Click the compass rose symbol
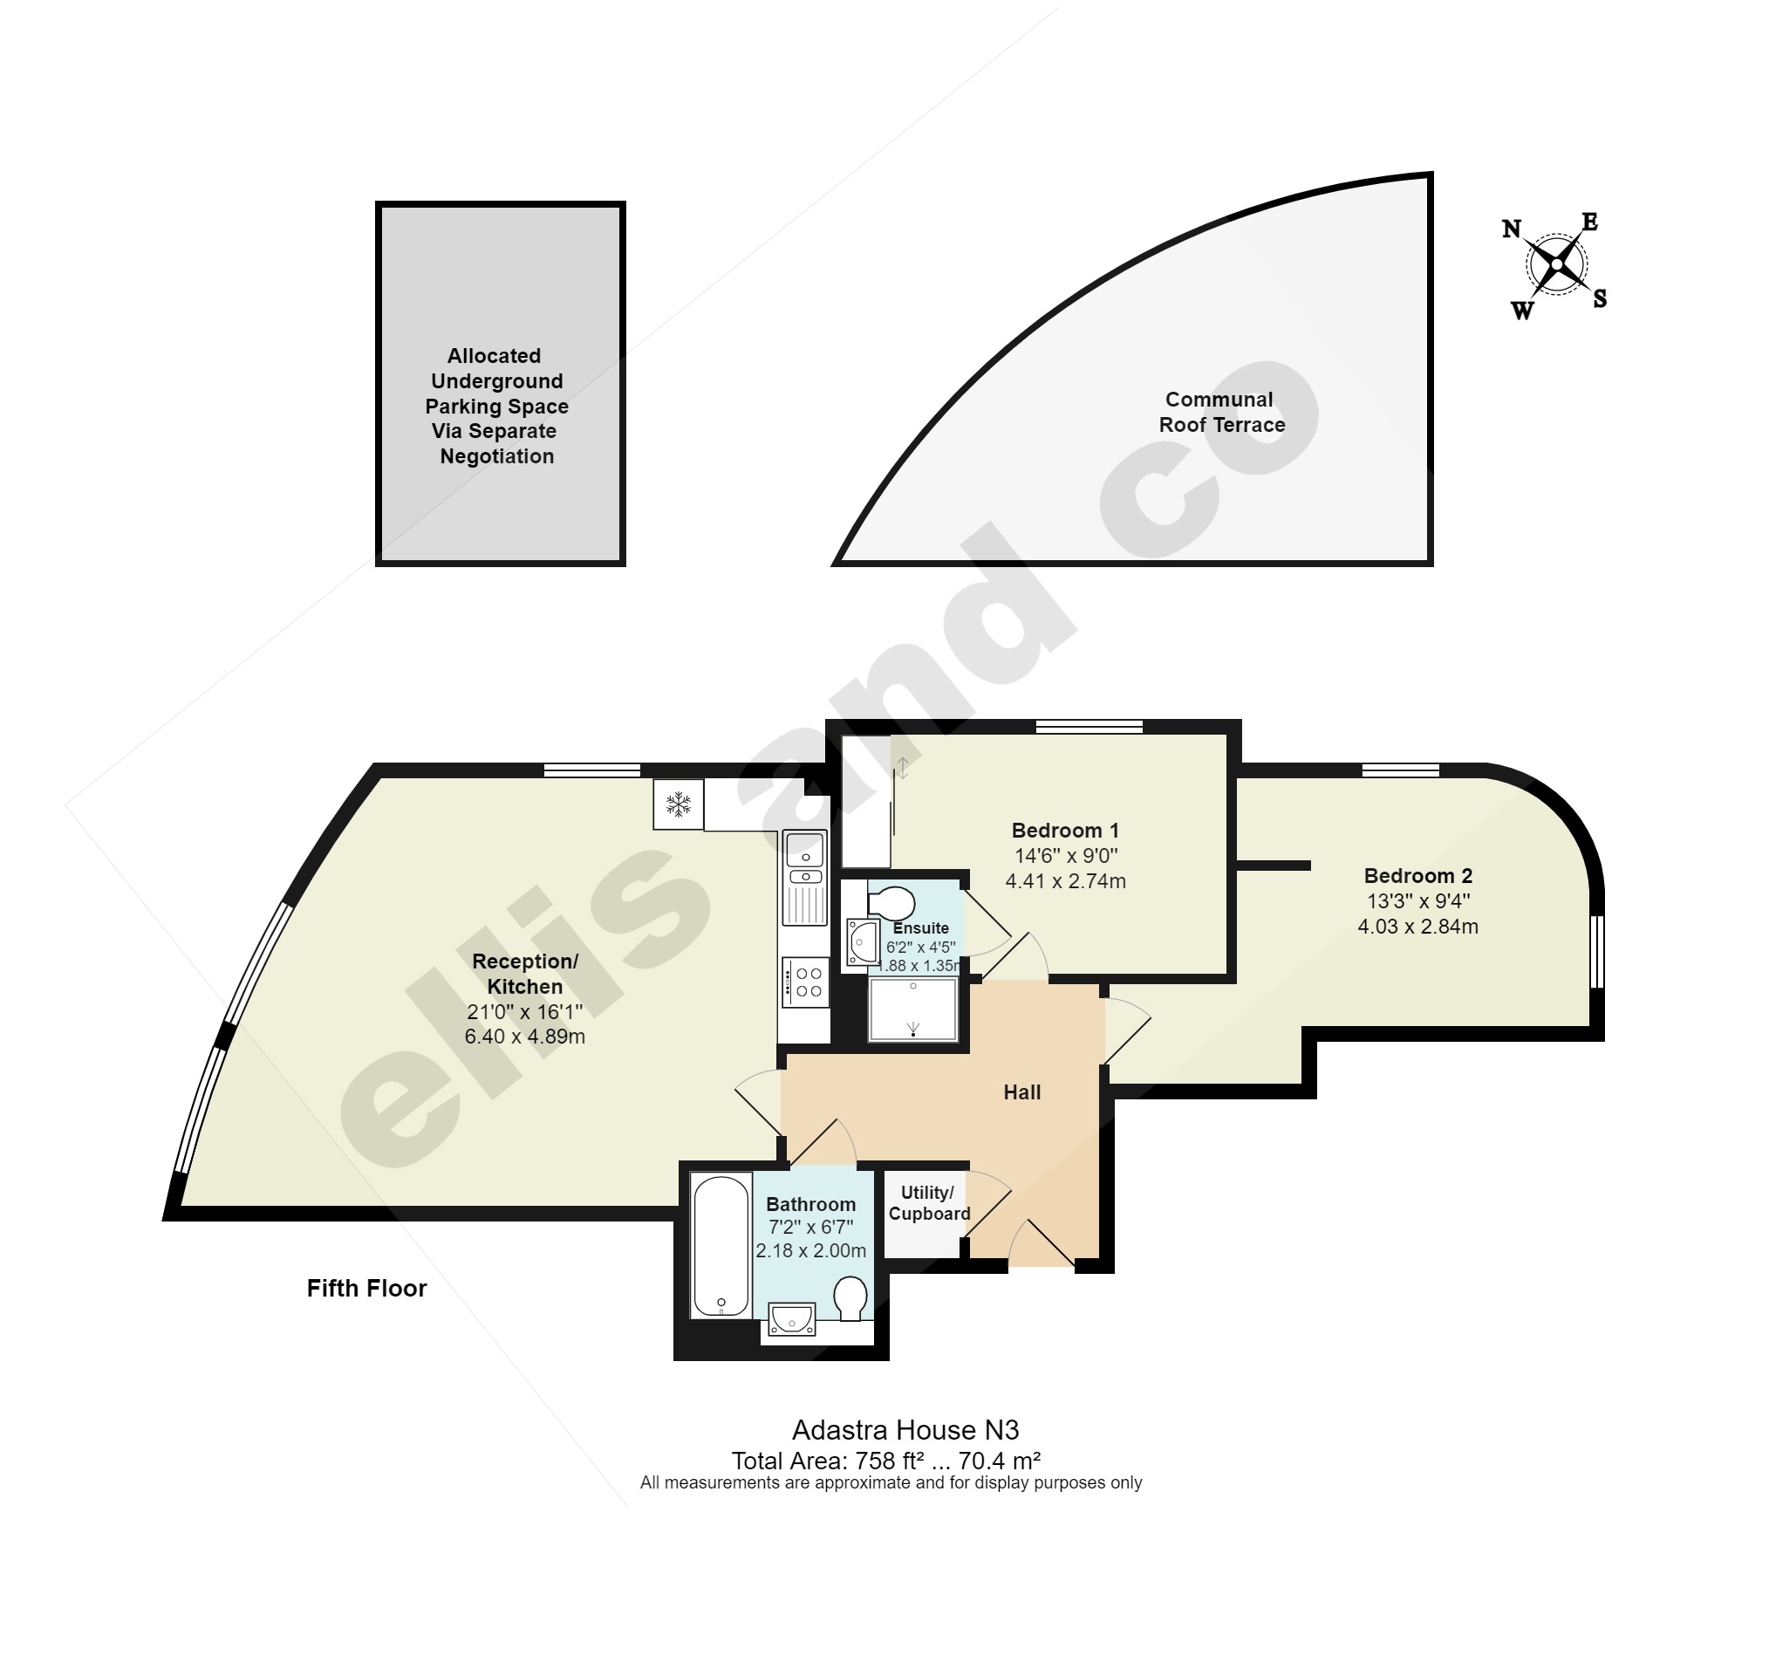[1556, 264]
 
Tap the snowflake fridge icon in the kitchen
[678, 804]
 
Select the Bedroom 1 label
[1065, 831]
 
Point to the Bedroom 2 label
[1417, 876]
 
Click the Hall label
[1021, 1092]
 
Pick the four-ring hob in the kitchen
[806, 982]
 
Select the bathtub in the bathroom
[721, 1245]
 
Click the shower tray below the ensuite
[913, 1009]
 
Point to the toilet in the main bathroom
[850, 1299]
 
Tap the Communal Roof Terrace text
[1221, 412]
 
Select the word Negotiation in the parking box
[496, 456]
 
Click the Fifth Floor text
[366, 1288]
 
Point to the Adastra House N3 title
[905, 1431]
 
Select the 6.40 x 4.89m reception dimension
[524, 1037]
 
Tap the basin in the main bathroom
[792, 1319]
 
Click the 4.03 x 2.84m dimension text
[1417, 927]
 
